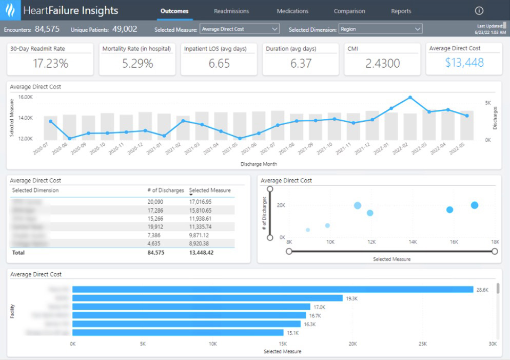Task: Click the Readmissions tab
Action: (x=231, y=11)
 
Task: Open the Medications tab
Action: (x=292, y=11)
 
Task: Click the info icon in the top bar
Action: (x=479, y=11)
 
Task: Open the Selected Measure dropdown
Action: (x=239, y=29)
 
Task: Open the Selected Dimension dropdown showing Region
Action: (x=380, y=29)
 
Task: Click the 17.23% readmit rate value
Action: (x=50, y=64)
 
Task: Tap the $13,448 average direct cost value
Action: (x=464, y=63)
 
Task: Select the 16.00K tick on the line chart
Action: (x=25, y=97)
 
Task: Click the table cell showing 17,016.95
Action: (x=200, y=202)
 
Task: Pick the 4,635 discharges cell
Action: (x=154, y=243)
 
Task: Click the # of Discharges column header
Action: (x=165, y=191)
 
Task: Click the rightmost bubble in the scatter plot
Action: (x=475, y=205)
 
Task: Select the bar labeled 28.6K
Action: (x=272, y=290)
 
